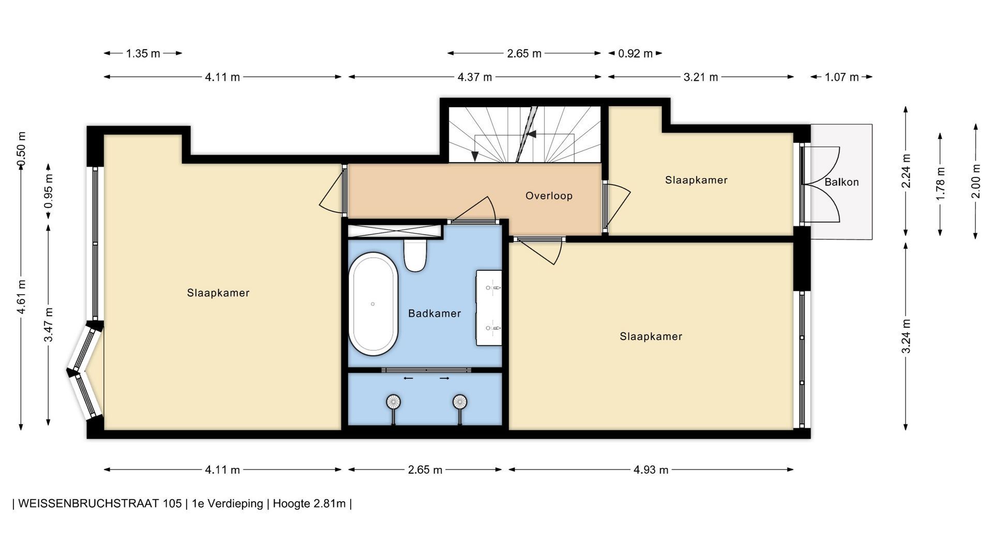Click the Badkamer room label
434,313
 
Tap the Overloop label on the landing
549,196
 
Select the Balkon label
841,182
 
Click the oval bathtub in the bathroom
373,304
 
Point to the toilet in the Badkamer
415,255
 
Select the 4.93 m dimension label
651,470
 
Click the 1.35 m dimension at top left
143,53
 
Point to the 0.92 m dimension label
635,53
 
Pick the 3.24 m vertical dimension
906,336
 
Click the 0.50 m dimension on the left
21,150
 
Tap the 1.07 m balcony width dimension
841,77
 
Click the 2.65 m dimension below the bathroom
425,470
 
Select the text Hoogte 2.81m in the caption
309,504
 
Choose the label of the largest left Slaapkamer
218,293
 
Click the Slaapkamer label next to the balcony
696,180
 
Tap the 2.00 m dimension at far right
975,181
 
